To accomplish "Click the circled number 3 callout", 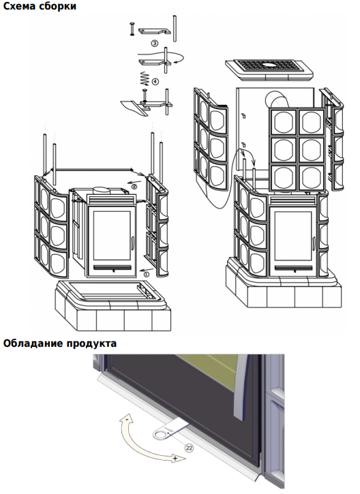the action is pyautogui.click(x=155, y=44).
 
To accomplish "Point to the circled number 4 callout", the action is pyautogui.click(x=155, y=81).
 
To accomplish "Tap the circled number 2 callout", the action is pyautogui.click(x=134, y=187).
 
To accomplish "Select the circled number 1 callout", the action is pyautogui.click(x=146, y=275).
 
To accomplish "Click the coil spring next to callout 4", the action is pyautogui.click(x=145, y=79).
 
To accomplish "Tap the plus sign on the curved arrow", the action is pyautogui.click(x=175, y=458).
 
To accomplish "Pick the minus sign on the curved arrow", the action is pyautogui.click(x=126, y=420).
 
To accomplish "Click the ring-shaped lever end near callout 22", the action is pyautogui.click(x=161, y=435).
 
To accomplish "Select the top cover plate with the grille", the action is pyautogui.click(x=269, y=70).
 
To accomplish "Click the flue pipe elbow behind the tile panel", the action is pyautogui.click(x=276, y=99).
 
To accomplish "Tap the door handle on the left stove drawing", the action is pyautogui.click(x=133, y=243).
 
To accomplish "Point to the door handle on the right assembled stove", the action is pyautogui.click(x=314, y=243).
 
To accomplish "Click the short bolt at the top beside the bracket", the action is pyautogui.click(x=132, y=29).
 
